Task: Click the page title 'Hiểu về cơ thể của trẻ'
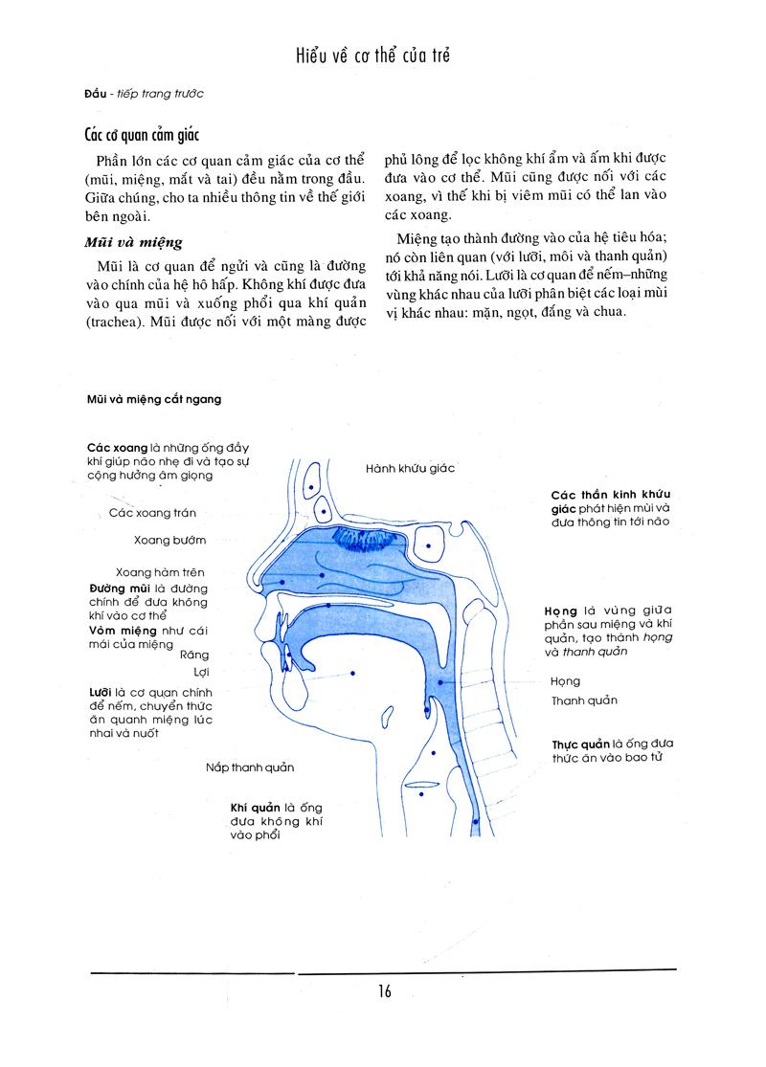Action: (373, 56)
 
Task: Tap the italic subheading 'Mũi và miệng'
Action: (133, 242)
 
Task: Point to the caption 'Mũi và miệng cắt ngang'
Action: (151, 399)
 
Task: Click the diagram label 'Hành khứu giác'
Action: (411, 468)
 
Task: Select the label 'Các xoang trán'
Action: (153, 513)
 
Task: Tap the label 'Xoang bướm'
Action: (170, 540)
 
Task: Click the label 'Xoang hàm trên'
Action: (161, 572)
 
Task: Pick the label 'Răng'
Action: (193, 655)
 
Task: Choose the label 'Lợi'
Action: (201, 672)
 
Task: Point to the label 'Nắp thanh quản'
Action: (249, 767)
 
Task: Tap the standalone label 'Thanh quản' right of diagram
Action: (584, 700)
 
